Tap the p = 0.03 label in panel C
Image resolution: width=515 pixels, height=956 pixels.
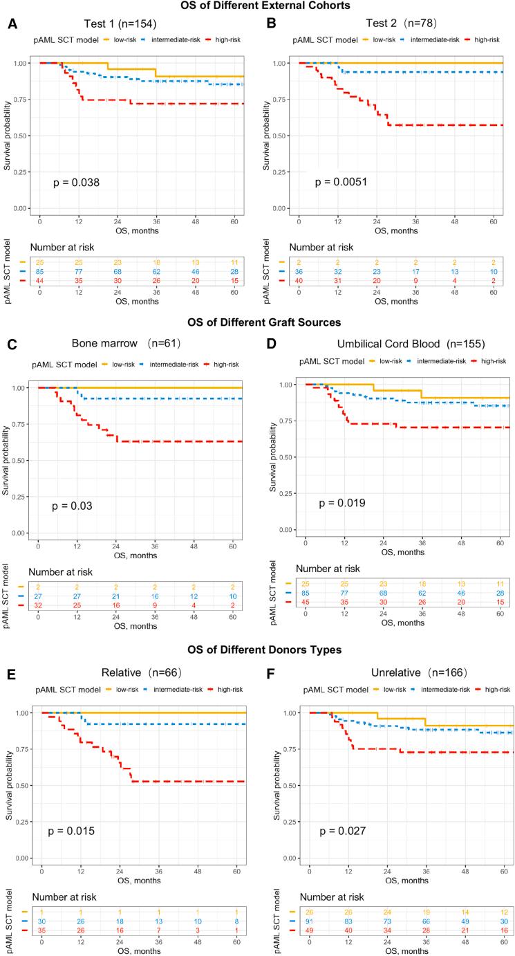[x=73, y=507]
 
